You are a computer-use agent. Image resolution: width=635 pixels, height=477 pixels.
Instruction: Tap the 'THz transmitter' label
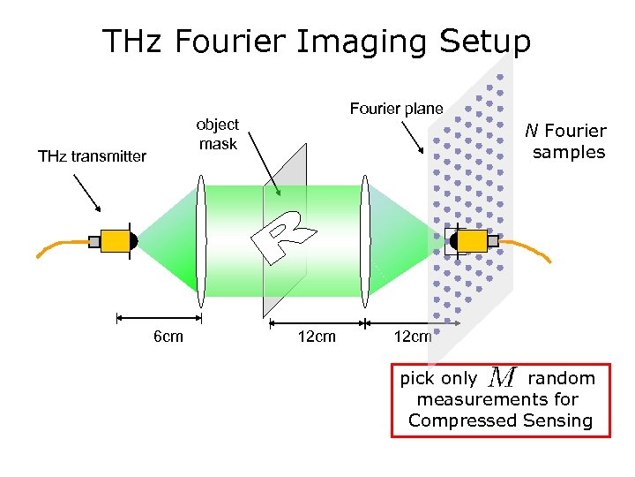pyautogui.click(x=92, y=156)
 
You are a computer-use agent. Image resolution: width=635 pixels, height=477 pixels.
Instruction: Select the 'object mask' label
pyautogui.click(x=217, y=133)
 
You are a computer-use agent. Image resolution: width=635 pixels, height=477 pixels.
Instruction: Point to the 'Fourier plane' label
pyautogui.click(x=396, y=109)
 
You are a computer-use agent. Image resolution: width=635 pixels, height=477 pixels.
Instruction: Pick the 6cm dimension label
pyautogui.click(x=168, y=337)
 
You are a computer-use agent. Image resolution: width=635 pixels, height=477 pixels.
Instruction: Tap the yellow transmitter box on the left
pyautogui.click(x=115, y=240)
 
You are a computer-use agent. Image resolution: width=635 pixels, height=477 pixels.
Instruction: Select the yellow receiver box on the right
pyautogui.click(x=473, y=240)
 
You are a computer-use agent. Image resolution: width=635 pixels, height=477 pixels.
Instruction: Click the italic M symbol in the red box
pyautogui.click(x=501, y=378)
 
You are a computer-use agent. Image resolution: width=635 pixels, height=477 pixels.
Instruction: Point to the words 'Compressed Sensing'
pyautogui.click(x=500, y=420)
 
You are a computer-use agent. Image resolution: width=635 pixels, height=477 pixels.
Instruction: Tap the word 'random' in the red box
pyautogui.click(x=561, y=378)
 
